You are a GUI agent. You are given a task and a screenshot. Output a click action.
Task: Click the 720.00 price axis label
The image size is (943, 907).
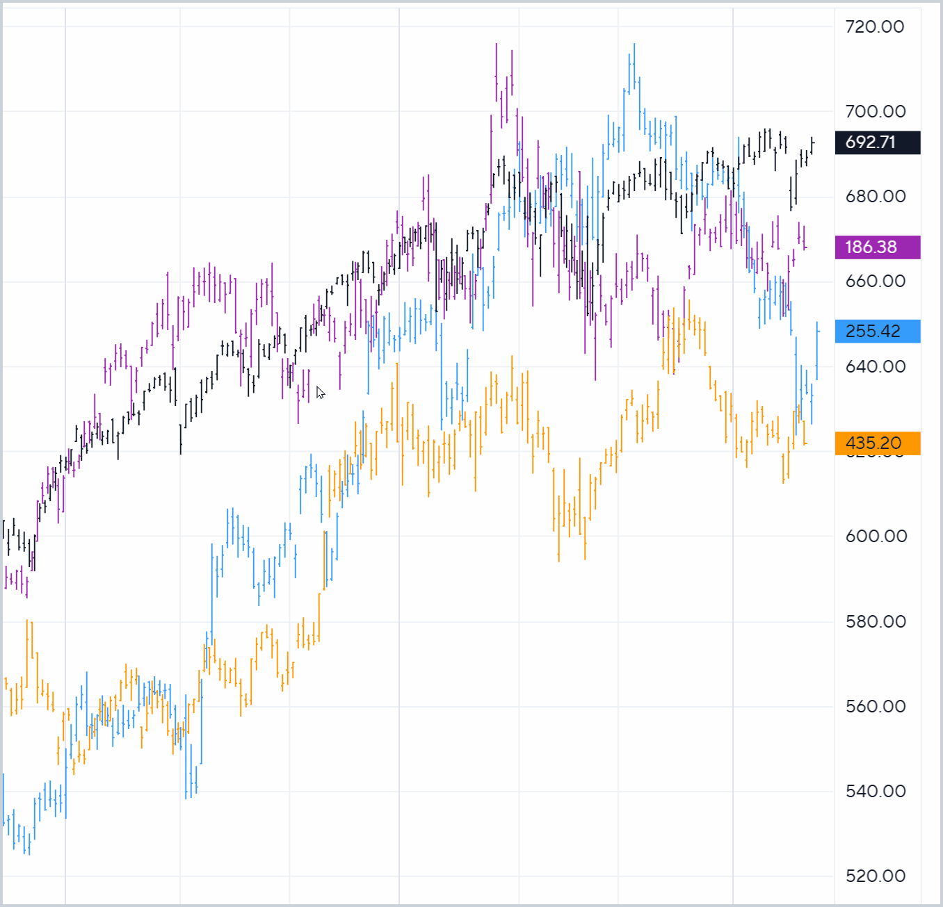(x=875, y=27)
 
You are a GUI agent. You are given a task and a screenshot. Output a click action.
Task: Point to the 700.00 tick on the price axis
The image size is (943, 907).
(x=875, y=111)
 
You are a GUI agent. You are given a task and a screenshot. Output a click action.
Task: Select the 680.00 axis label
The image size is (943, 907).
(x=875, y=197)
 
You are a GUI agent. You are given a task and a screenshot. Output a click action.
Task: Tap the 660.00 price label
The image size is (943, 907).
(x=875, y=281)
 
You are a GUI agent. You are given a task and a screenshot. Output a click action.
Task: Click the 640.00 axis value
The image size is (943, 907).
(x=875, y=367)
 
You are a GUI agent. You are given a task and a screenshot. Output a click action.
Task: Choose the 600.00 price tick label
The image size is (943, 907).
(x=875, y=537)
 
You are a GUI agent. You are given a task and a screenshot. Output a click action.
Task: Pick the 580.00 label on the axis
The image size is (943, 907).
(x=875, y=622)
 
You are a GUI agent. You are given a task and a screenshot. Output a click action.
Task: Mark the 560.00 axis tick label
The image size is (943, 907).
(x=875, y=707)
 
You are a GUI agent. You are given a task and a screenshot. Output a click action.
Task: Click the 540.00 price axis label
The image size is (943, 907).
(x=875, y=792)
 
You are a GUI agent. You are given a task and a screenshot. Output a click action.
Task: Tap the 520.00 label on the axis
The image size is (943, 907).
(x=875, y=876)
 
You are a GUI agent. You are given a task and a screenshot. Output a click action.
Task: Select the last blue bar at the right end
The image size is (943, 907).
(x=817, y=351)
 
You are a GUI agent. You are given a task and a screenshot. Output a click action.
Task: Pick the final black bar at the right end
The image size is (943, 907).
(x=812, y=145)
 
